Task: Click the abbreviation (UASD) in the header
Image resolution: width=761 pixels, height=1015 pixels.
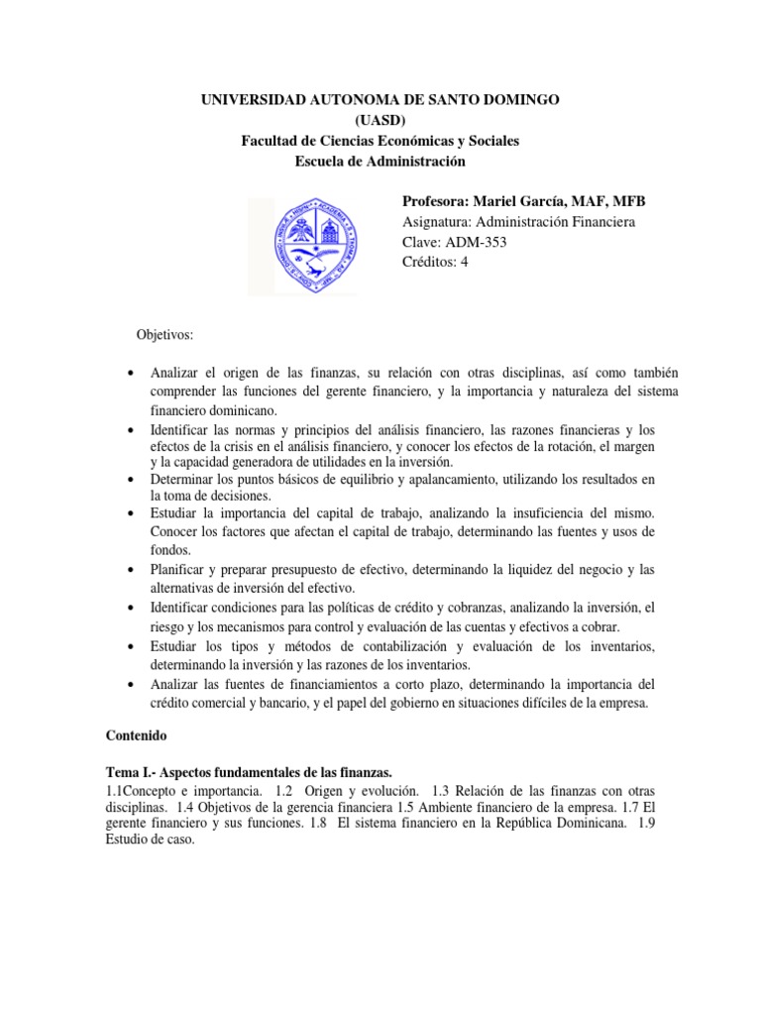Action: (x=380, y=121)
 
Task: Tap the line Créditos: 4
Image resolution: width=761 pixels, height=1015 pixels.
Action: (x=435, y=263)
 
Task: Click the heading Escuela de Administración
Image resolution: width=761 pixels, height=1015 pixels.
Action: (x=380, y=162)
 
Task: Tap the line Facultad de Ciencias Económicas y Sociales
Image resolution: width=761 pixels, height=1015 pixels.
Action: (x=380, y=142)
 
